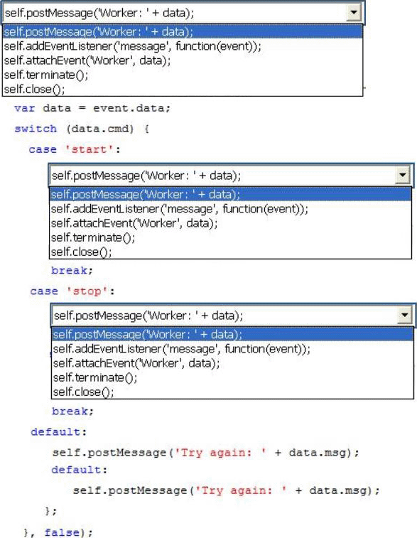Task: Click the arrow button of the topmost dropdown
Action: point(354,13)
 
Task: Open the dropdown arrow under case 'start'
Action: point(402,176)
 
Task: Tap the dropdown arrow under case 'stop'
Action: point(405,315)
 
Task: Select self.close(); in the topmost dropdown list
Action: point(34,90)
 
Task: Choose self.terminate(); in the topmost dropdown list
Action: point(46,75)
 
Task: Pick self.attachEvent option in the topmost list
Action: point(87,60)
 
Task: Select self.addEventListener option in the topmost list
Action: point(132,46)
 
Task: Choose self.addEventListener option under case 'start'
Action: point(179,209)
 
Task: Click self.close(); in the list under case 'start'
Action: point(81,252)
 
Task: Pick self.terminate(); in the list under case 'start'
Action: point(93,237)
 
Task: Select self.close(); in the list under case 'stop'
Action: point(83,392)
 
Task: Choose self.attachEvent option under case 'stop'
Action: point(136,363)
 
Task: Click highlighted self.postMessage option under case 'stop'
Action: point(148,334)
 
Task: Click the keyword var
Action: point(24,109)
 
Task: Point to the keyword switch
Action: point(36,129)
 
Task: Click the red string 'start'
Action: point(90,149)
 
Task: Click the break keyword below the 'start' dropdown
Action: point(69,271)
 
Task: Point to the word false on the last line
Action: point(62,532)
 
